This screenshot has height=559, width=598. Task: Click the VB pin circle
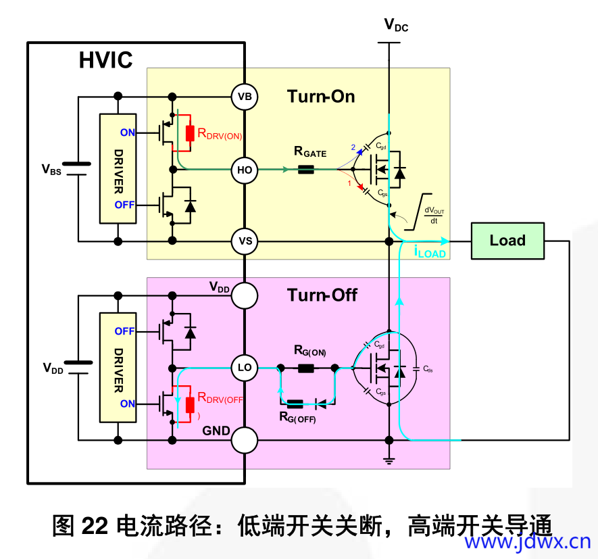point(245,97)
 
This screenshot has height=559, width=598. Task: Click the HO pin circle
point(245,170)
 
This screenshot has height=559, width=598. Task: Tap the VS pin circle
point(245,241)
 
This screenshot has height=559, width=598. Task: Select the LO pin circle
point(245,368)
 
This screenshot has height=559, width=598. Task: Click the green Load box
point(507,241)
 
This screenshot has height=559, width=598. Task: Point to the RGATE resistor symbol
point(306,170)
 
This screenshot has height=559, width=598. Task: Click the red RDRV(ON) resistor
point(190,133)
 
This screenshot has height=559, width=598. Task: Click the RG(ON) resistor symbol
point(306,368)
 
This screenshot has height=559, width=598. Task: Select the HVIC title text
point(106,60)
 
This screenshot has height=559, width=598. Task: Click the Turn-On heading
point(321,96)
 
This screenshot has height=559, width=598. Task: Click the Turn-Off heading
point(322,295)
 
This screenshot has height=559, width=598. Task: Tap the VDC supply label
point(396,26)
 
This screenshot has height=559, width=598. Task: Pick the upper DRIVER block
point(118,168)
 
